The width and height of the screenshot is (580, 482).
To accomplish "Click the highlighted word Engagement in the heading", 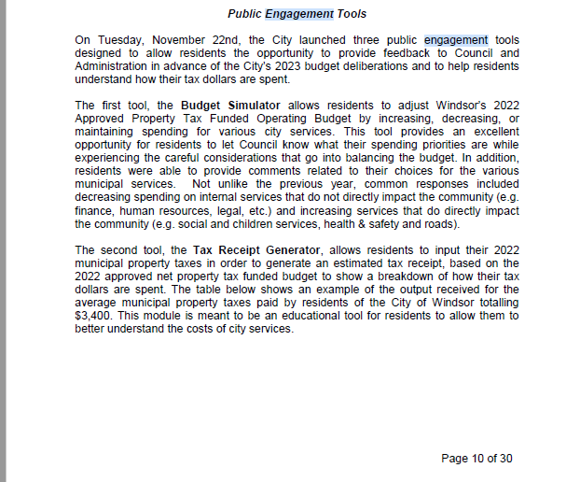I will pyautogui.click(x=299, y=14).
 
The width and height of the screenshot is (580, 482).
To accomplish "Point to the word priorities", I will pyautogui.click(x=403, y=145).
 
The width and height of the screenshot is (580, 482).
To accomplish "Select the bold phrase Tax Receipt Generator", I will pyautogui.click(x=257, y=250).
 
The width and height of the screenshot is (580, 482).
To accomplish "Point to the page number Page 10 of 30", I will pyautogui.click(x=476, y=459).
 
